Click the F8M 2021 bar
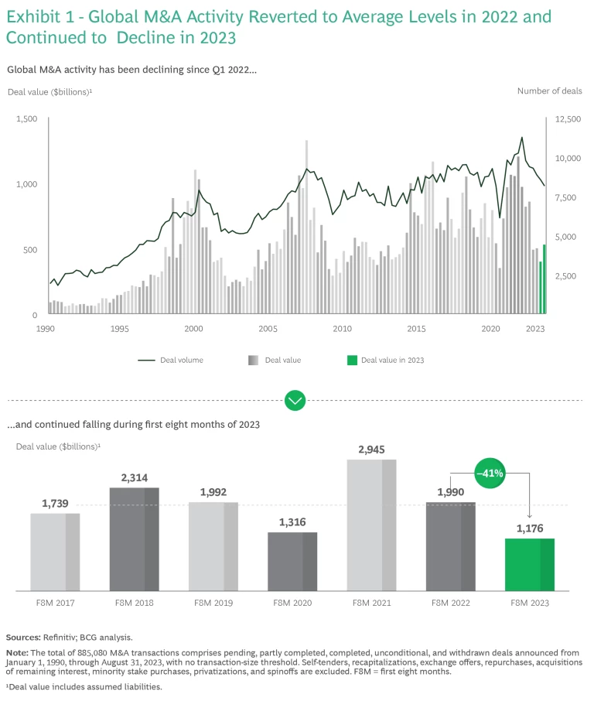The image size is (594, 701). [x=371, y=525]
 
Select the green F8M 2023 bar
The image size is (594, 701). [x=530, y=564]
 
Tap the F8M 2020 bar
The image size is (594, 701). [x=292, y=561]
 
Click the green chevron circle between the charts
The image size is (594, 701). [x=295, y=401]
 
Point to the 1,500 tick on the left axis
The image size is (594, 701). [x=26, y=118]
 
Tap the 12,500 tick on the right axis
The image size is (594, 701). [x=567, y=118]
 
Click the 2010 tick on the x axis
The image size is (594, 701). [x=342, y=329]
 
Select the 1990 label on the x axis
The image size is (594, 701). [x=45, y=329]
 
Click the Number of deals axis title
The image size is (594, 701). [x=549, y=91]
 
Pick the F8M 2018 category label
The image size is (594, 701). [x=134, y=603]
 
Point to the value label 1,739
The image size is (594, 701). [x=55, y=504]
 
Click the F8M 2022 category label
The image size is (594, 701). [x=451, y=603]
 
